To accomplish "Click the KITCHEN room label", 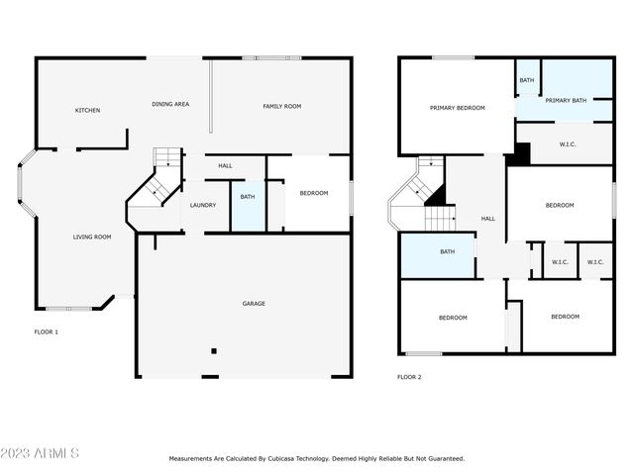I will pyautogui.click(x=87, y=110).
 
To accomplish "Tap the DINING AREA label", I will pyautogui.click(x=170, y=104).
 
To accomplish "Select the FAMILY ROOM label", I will pyautogui.click(x=281, y=106).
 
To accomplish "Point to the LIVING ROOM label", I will pyautogui.click(x=91, y=237).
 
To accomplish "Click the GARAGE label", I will pyautogui.click(x=254, y=303).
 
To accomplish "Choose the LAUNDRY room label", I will pyautogui.click(x=203, y=205).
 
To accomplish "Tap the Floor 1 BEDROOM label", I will pyautogui.click(x=313, y=193).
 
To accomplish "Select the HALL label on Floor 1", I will pyautogui.click(x=225, y=165).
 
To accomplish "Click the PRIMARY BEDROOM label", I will pyautogui.click(x=457, y=107).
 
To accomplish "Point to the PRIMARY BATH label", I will pyautogui.click(x=565, y=100).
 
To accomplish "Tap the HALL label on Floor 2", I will pyautogui.click(x=487, y=219).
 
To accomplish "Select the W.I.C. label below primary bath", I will pyautogui.click(x=568, y=144).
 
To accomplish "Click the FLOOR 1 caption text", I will pyautogui.click(x=47, y=332).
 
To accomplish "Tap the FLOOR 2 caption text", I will pyautogui.click(x=408, y=377).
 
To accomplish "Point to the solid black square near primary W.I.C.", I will pyautogui.click(x=521, y=154).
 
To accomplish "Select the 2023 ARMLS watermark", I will pyautogui.click(x=40, y=453).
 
